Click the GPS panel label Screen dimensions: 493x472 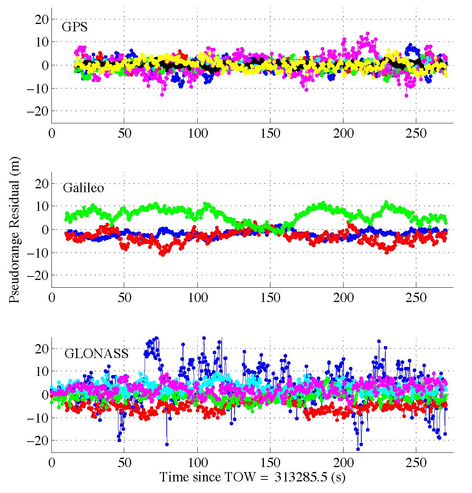point(74,28)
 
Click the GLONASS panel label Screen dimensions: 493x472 point(96,353)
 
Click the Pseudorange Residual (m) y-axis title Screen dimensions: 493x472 point(15,230)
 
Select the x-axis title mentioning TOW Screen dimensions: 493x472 point(252,477)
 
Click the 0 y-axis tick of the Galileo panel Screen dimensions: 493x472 point(44,230)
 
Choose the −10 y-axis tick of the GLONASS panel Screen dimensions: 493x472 point(37,418)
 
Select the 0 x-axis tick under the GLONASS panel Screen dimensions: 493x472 point(51,463)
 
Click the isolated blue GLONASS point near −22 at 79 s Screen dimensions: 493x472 point(167,444)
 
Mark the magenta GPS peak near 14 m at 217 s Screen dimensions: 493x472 point(368,34)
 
